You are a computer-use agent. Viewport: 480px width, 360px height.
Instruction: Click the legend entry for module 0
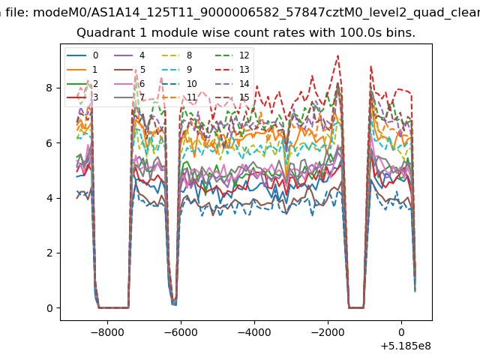coord(82,55)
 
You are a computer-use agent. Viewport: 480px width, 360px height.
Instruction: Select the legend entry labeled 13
coord(232,70)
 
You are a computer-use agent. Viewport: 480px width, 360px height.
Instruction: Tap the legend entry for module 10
coord(179,83)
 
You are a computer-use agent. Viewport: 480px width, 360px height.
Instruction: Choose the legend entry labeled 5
coord(130,70)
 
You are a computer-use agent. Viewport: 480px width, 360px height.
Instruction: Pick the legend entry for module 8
coord(177,55)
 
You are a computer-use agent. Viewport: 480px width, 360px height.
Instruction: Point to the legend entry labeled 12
coord(232,55)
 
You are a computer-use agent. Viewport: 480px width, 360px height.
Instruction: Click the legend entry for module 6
coord(130,83)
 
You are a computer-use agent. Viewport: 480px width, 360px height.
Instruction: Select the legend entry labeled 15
coord(232,97)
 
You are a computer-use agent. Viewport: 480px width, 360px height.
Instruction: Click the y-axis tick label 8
coord(49,88)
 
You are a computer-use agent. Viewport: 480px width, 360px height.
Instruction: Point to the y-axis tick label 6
coord(49,143)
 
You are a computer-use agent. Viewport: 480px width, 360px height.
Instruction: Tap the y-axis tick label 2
coord(49,253)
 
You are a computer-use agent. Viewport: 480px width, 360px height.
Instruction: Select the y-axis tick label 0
coord(49,308)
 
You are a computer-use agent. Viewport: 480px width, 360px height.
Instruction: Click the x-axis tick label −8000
coord(107,332)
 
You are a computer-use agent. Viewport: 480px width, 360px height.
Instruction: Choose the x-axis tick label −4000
coord(254,332)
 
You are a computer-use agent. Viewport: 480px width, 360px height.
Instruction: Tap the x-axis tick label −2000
coord(328,332)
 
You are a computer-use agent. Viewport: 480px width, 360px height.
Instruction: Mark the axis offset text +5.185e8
coord(406,346)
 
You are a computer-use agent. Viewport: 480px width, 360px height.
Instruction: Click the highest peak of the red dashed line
coord(337,55)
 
